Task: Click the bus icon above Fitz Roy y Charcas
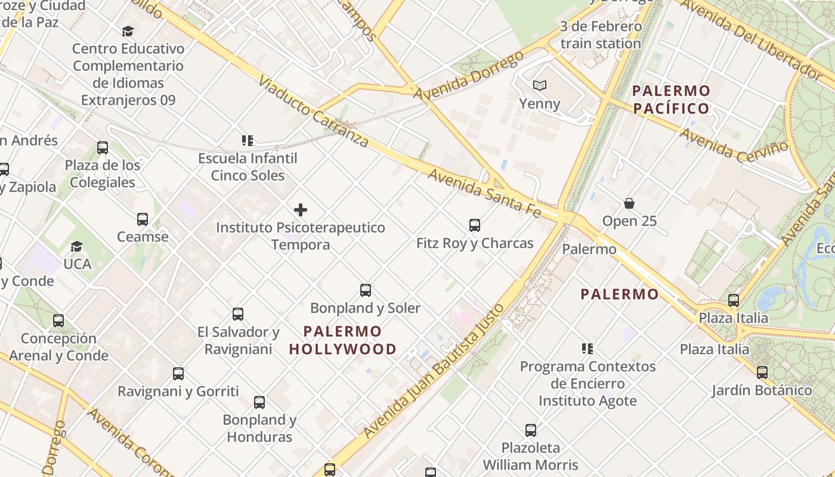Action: (x=475, y=225)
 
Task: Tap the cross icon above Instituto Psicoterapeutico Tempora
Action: (x=301, y=210)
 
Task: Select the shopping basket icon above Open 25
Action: (x=629, y=203)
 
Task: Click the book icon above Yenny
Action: (x=540, y=86)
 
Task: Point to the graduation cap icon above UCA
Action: (x=76, y=246)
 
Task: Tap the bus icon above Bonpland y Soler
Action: (x=366, y=290)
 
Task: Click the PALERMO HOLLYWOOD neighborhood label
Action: (x=343, y=340)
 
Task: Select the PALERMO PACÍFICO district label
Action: (x=671, y=100)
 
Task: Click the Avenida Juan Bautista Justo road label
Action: (x=434, y=371)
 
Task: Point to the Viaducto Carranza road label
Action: (x=313, y=110)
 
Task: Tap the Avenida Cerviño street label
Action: (x=733, y=145)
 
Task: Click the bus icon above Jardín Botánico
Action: (x=762, y=373)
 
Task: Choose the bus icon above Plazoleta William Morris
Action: (x=531, y=430)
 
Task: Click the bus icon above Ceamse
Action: (x=143, y=219)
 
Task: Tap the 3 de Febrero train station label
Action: (x=601, y=35)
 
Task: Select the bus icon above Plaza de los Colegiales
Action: (x=103, y=147)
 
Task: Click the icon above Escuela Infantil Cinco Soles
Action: (x=248, y=141)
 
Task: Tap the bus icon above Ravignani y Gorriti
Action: (x=178, y=374)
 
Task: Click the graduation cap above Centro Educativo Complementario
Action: (x=128, y=31)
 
